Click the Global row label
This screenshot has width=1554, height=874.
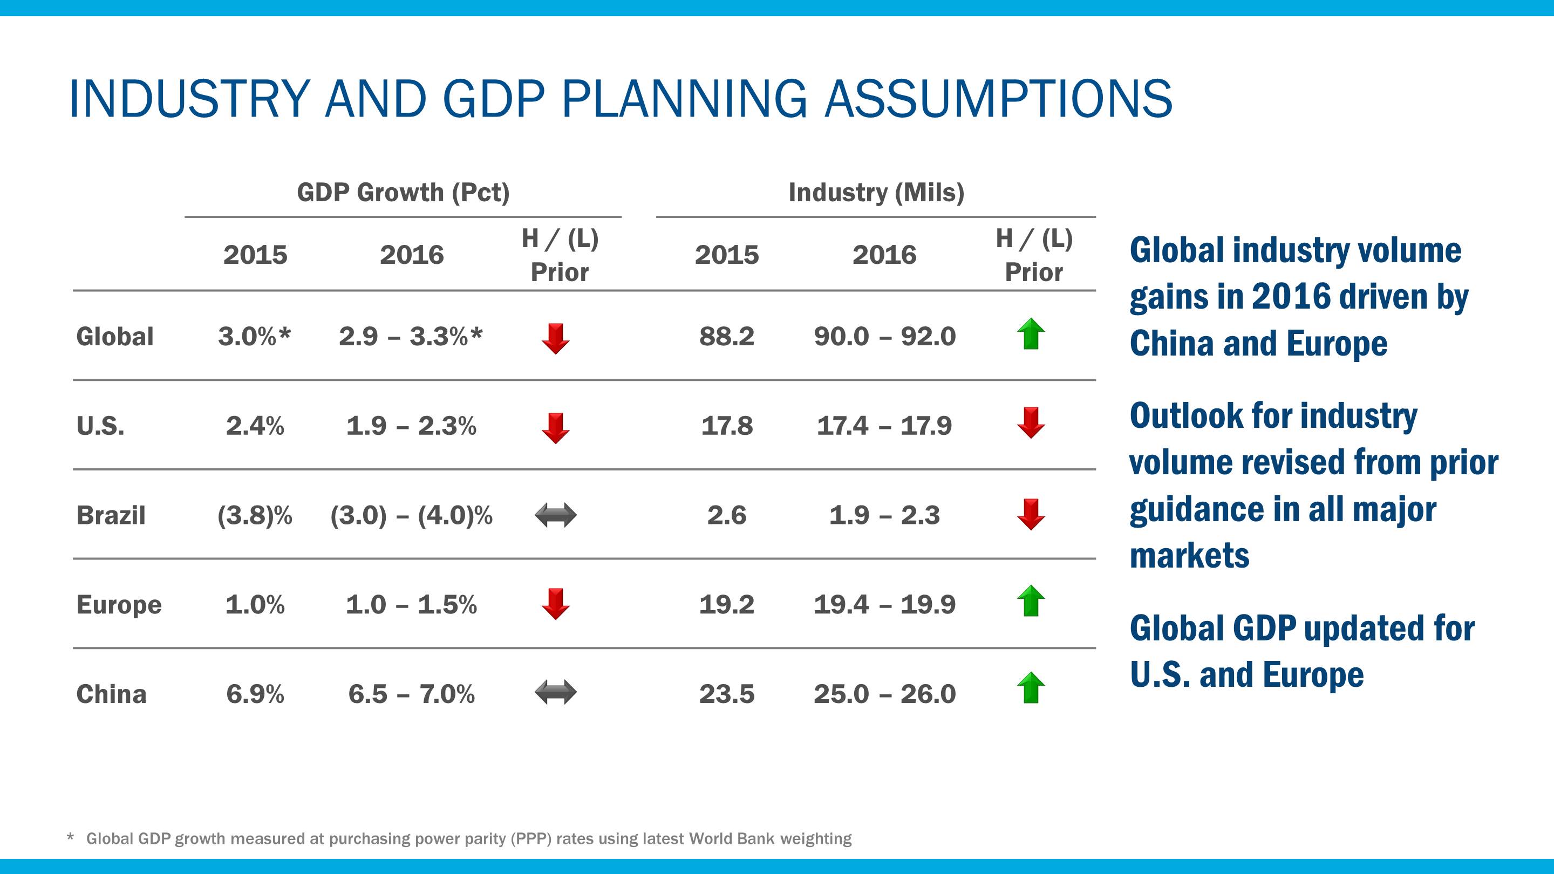[x=114, y=337]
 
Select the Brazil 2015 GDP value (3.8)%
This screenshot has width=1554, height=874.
[x=255, y=515]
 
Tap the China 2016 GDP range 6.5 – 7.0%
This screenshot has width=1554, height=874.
[x=411, y=694]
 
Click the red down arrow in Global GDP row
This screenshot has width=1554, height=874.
[x=556, y=338]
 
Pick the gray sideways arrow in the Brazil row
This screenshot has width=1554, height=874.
[x=556, y=516]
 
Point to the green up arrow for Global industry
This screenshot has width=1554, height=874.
[x=1031, y=333]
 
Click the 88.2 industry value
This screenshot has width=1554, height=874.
[x=726, y=336]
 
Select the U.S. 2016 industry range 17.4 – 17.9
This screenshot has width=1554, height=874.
[x=884, y=426]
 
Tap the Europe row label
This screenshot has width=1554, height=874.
[x=119, y=604]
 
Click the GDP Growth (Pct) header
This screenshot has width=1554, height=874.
[x=403, y=193]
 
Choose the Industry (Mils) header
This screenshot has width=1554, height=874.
[x=876, y=193]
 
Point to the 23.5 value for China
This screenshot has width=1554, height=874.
[x=726, y=694]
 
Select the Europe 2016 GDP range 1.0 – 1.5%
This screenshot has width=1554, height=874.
[x=411, y=604]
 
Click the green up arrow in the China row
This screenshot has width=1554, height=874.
[x=1031, y=688]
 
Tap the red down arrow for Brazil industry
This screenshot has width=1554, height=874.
[x=1031, y=514]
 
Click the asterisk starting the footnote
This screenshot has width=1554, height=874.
[x=71, y=837]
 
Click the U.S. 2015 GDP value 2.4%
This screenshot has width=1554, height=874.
[x=255, y=426]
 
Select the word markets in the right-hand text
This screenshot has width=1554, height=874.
[x=1189, y=555]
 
